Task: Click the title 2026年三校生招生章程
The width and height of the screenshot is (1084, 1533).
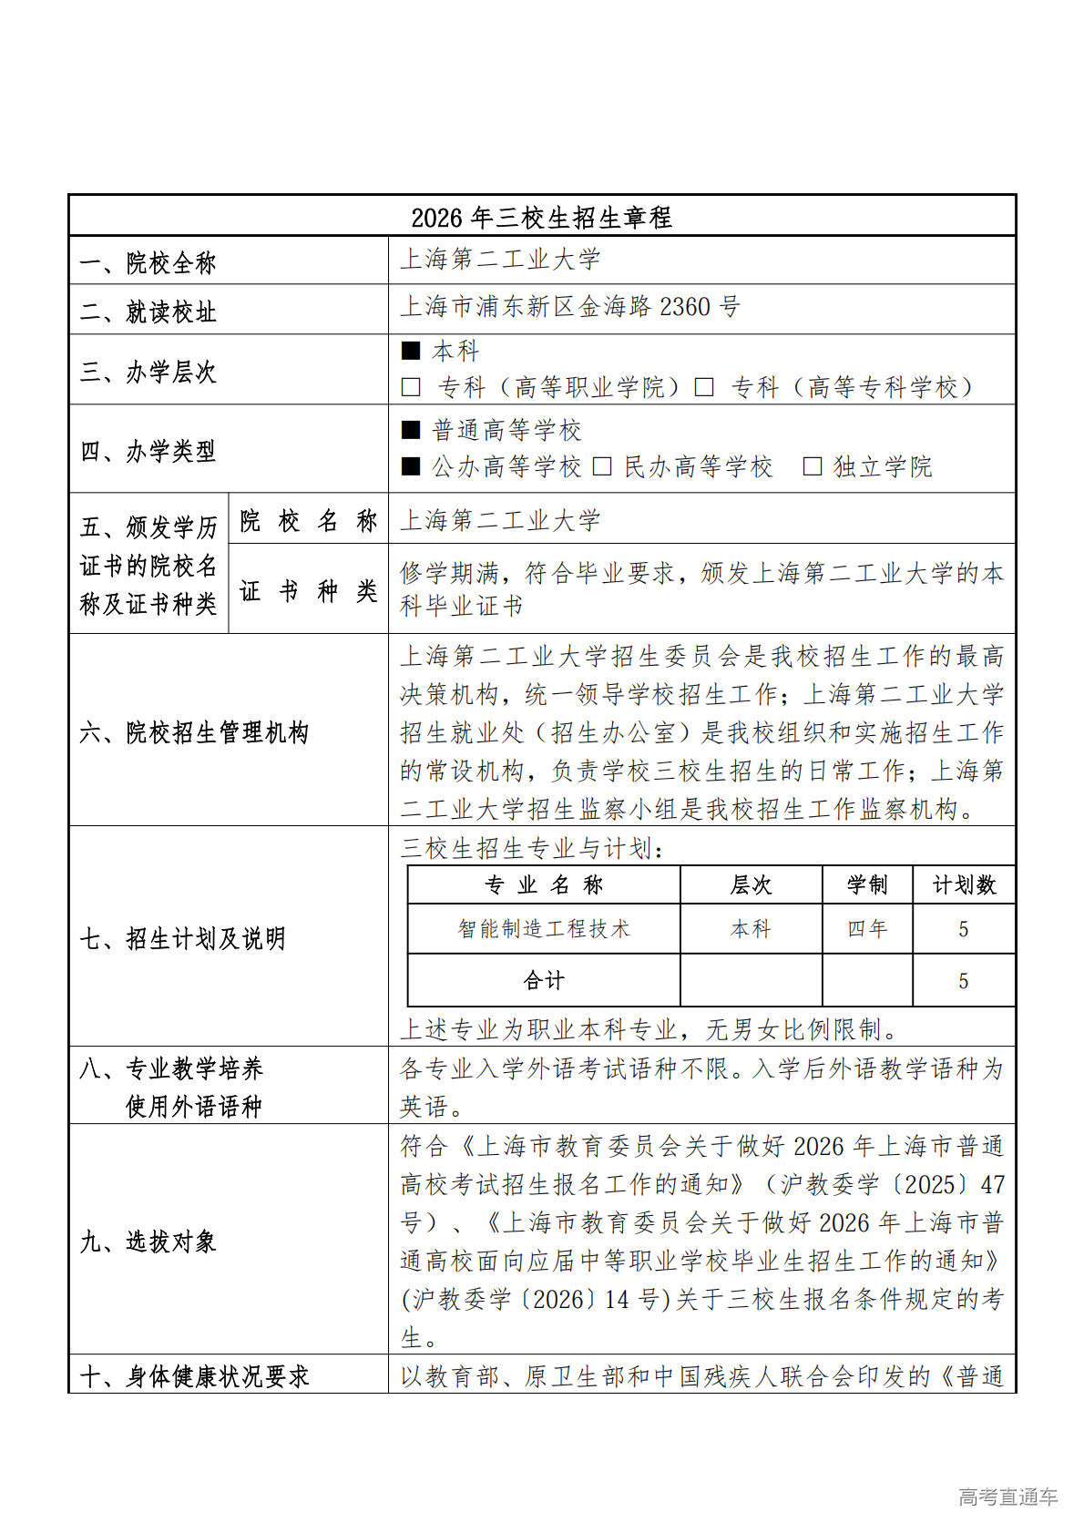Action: tap(541, 217)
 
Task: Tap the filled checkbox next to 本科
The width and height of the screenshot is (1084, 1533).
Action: tap(411, 351)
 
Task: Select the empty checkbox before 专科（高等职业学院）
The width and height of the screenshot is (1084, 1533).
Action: tap(411, 387)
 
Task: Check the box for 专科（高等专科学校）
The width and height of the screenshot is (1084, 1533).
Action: tap(703, 387)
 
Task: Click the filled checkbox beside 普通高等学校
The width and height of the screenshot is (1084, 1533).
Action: tap(411, 430)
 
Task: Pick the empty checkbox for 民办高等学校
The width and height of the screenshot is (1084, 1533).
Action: tap(601, 466)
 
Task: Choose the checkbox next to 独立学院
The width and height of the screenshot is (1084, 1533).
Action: tap(812, 466)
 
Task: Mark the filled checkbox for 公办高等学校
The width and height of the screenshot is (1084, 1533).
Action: tap(411, 466)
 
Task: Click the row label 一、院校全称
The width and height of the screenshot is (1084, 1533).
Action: tap(148, 263)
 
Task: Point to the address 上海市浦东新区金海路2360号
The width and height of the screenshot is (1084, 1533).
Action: tap(569, 307)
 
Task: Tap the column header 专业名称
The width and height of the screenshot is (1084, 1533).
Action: tap(543, 884)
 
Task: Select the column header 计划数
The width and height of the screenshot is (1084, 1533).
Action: tap(963, 884)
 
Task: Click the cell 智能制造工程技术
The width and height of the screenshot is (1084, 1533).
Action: tap(543, 928)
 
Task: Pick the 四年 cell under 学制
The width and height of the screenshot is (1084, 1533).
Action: tap(866, 928)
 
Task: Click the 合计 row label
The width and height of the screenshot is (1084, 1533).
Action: tap(543, 980)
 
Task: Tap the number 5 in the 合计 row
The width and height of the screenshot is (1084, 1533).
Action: tap(963, 981)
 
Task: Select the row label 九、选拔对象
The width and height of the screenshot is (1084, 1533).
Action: tap(148, 1241)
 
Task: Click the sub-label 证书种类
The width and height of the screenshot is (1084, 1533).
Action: tap(308, 591)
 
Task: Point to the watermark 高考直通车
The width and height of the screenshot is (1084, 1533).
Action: tap(1007, 1497)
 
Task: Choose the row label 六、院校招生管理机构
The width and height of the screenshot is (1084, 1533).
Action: tap(194, 732)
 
